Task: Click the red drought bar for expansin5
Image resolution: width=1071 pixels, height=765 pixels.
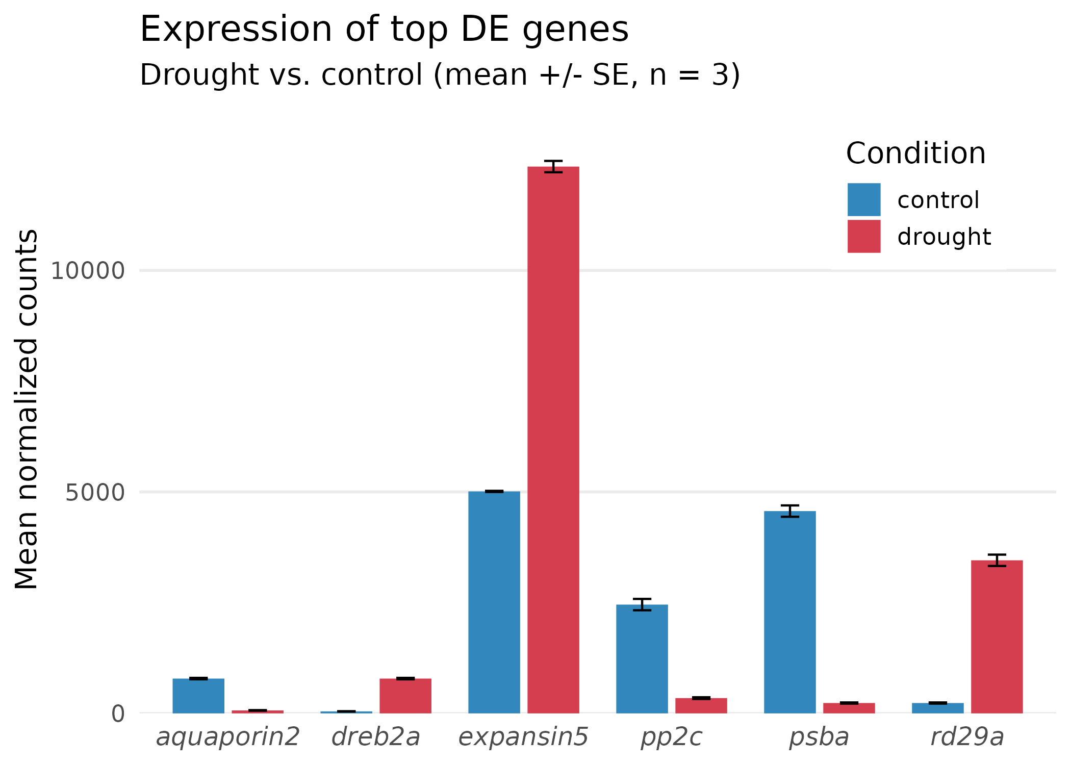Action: (x=553, y=439)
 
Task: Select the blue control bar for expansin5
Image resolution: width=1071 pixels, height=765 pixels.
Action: (x=494, y=602)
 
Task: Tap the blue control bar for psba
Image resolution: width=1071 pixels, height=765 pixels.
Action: (x=789, y=612)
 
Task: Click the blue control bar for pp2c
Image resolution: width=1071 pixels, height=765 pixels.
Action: (x=642, y=658)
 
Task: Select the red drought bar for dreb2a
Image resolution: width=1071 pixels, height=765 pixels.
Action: (x=405, y=696)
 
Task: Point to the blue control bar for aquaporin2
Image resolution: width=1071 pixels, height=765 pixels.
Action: (x=198, y=696)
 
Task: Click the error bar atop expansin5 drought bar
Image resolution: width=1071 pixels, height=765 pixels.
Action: (x=553, y=166)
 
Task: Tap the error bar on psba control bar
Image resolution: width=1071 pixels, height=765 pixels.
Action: (x=789, y=511)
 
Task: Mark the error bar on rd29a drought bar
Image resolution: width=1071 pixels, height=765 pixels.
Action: (x=997, y=560)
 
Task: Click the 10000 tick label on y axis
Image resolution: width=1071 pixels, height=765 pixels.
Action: (x=87, y=271)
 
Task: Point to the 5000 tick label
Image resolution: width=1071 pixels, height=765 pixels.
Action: (x=95, y=493)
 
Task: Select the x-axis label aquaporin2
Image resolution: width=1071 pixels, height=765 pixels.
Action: (x=227, y=737)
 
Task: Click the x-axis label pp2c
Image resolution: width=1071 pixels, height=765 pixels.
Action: (x=671, y=737)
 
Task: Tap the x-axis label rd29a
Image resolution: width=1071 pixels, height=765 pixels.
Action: (x=967, y=737)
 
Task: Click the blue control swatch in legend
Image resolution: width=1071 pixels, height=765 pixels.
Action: (x=864, y=199)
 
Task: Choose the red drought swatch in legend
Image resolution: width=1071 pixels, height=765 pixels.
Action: (x=864, y=236)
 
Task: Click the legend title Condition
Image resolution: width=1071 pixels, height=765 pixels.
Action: (x=915, y=153)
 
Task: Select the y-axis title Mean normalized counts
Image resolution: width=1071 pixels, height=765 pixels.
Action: (x=27, y=409)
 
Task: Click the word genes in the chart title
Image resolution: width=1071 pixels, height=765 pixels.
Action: (x=575, y=30)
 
